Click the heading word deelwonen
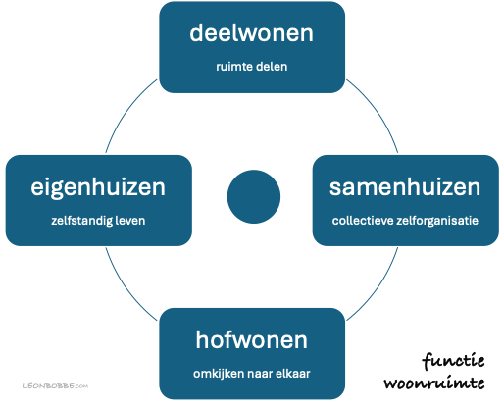click(x=252, y=34)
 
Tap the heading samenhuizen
click(x=404, y=186)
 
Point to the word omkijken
click(x=218, y=375)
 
